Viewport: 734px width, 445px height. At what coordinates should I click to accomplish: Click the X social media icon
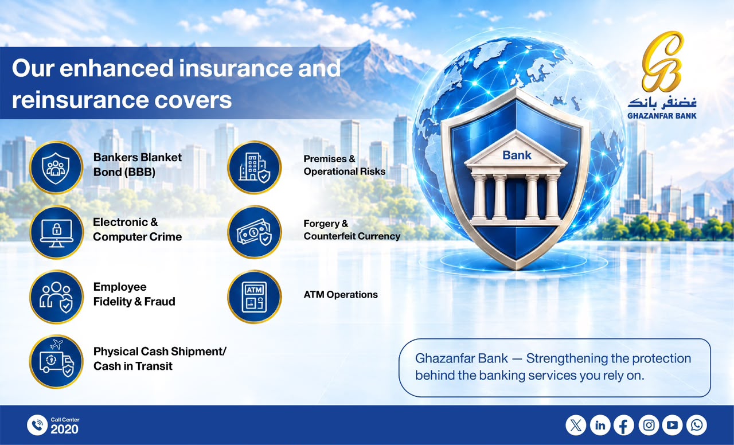pos(576,426)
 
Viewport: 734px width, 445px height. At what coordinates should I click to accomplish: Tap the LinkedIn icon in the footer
pos(600,426)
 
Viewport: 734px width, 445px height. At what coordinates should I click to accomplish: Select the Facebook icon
pos(624,426)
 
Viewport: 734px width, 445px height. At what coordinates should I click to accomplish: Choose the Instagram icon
pos(649,426)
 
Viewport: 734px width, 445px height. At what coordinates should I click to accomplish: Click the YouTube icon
pos(673,426)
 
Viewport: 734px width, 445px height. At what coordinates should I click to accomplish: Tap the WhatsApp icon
pos(697,426)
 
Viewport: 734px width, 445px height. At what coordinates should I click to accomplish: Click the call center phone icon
pos(37,426)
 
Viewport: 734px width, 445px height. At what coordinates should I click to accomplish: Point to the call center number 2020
pos(65,430)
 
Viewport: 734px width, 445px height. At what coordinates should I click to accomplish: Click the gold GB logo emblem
pos(662,61)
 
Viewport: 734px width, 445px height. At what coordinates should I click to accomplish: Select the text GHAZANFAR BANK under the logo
pos(662,116)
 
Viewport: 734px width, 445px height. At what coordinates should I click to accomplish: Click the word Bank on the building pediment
pos(517,155)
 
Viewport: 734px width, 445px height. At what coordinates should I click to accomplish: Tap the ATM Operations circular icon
pos(255,297)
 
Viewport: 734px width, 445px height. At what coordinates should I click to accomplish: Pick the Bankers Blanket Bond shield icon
pos(56,167)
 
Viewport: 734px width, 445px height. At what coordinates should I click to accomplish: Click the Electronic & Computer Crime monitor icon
pos(56,232)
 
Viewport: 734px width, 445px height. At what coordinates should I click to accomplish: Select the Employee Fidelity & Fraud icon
pos(56,297)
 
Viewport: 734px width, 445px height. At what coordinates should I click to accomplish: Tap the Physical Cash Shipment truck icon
pos(56,361)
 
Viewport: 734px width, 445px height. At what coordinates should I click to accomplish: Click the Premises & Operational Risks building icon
pos(255,167)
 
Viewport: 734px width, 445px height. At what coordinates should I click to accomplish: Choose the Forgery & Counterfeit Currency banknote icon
pos(255,232)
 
